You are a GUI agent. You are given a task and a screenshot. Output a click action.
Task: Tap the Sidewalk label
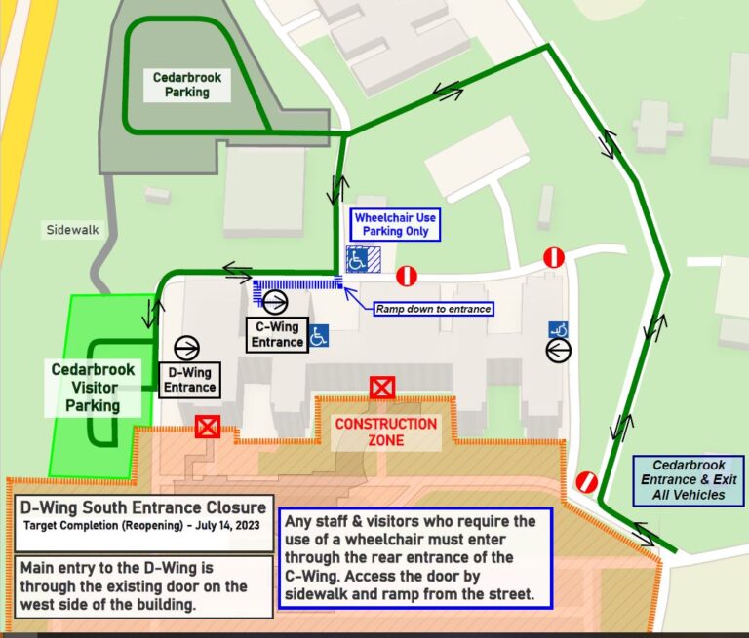(x=72, y=231)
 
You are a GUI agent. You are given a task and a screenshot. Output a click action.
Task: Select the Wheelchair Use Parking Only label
(x=390, y=225)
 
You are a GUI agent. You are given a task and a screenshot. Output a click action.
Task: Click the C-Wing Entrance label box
(x=277, y=334)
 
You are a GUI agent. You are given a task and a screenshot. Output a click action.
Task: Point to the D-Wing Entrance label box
(x=189, y=380)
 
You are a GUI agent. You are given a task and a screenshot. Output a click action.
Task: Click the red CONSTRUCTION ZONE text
(x=386, y=432)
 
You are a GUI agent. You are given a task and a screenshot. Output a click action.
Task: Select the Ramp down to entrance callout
(x=433, y=309)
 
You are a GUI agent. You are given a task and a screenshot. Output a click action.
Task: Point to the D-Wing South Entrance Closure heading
(x=144, y=507)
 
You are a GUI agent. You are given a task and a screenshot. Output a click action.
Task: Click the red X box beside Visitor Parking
(x=207, y=426)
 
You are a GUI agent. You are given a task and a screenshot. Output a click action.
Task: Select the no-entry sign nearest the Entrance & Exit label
(x=586, y=481)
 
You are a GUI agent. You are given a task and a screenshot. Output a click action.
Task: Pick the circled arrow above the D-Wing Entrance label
(x=187, y=348)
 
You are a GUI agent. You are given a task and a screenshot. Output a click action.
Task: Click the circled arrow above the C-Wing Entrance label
(x=275, y=302)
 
